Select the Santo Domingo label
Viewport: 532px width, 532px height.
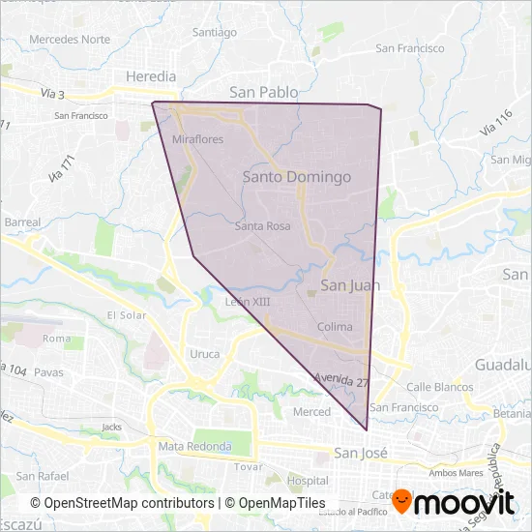tap(297, 177)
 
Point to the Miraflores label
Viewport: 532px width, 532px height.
tap(197, 139)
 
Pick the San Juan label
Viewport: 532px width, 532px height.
tap(350, 285)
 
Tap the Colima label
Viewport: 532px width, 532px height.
tap(335, 327)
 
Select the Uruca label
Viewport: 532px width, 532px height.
tap(205, 354)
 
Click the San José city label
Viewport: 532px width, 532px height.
tap(360, 453)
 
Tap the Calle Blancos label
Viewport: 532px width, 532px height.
tap(440, 387)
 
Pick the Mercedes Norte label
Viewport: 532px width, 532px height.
tap(70, 40)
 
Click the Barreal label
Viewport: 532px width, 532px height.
tap(22, 222)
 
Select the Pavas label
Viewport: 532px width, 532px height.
tap(48, 371)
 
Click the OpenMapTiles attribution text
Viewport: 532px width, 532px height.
tap(282, 503)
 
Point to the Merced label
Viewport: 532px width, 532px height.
tap(311, 412)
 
